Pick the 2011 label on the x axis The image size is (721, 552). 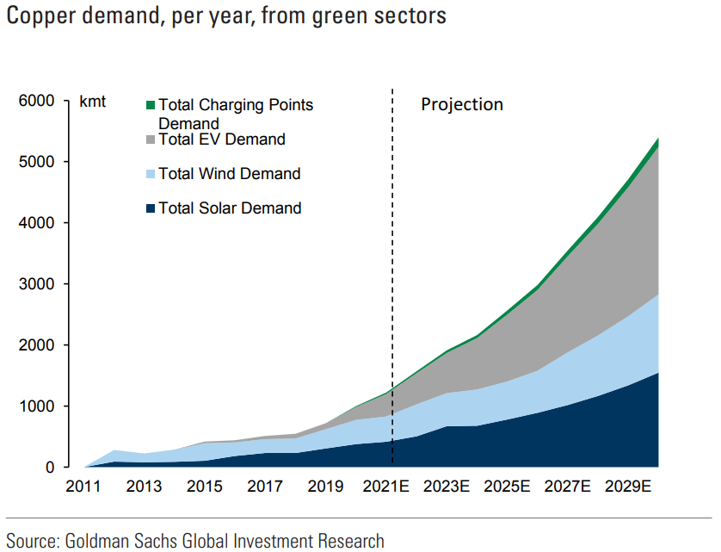(x=84, y=487)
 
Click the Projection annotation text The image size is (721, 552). (x=461, y=104)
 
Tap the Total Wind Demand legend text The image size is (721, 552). (x=230, y=174)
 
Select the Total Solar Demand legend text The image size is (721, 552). (x=230, y=208)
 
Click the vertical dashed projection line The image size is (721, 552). (x=393, y=258)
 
